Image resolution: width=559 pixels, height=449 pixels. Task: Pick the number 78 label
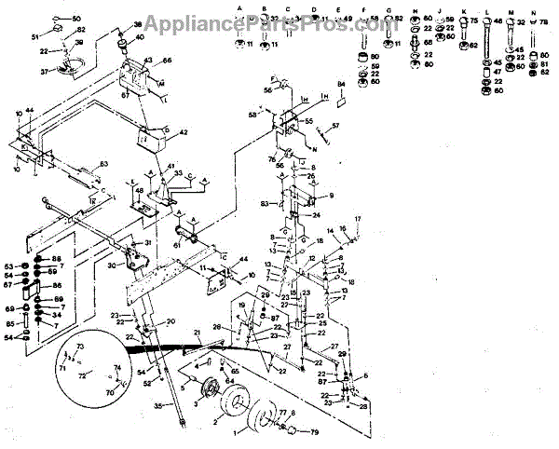544,20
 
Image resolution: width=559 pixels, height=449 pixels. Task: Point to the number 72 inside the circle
82,374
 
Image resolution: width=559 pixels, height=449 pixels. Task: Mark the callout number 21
198,333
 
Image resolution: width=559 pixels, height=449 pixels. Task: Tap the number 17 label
356,218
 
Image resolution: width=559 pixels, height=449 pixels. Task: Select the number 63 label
104,165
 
